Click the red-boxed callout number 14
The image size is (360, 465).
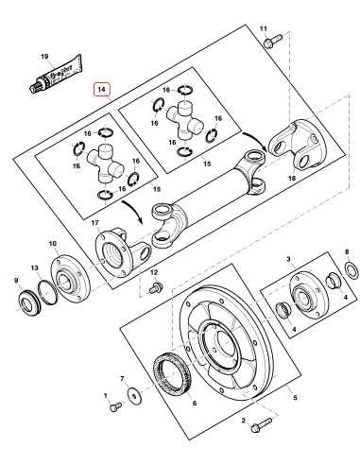102,91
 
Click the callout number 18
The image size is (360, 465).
291,180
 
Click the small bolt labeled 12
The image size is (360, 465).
158,285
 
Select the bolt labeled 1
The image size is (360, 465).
114,407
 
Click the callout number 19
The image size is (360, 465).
43,57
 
